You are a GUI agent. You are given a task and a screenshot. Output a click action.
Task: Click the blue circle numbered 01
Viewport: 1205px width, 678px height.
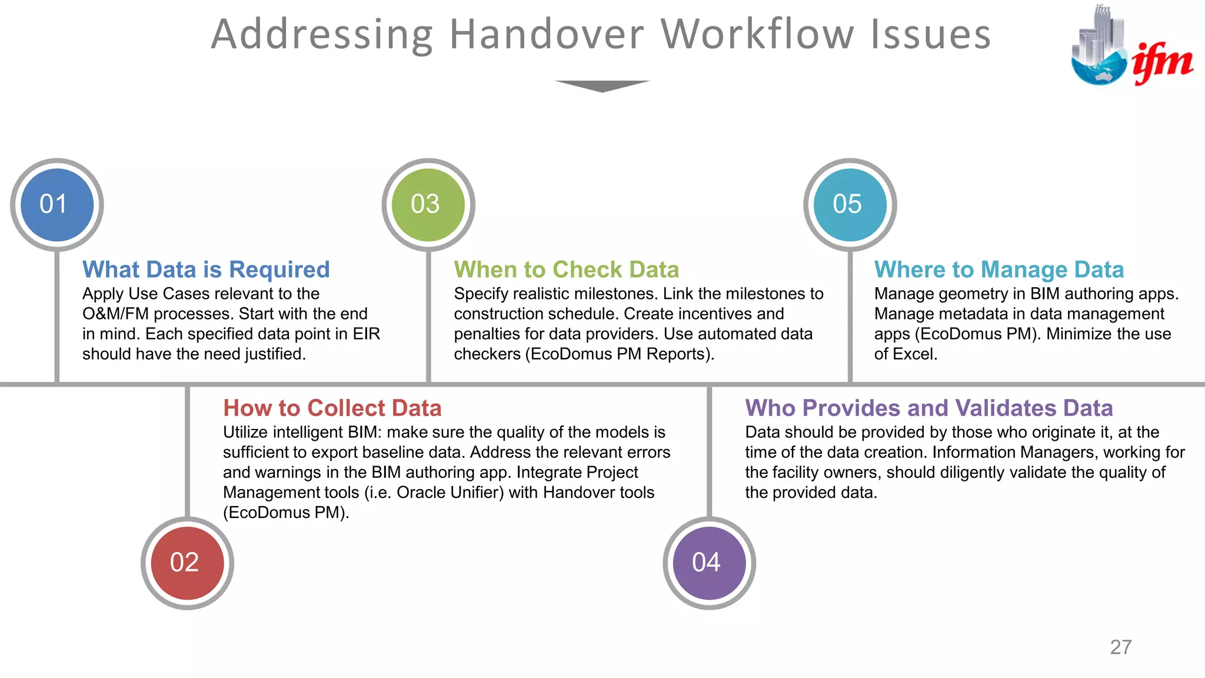tap(57, 205)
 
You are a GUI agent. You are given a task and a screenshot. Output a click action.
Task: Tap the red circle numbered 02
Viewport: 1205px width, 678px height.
tap(187, 563)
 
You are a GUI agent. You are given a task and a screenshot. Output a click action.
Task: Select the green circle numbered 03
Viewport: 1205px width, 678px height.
tap(428, 205)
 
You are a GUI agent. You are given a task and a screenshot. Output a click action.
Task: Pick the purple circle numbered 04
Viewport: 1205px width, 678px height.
tap(709, 563)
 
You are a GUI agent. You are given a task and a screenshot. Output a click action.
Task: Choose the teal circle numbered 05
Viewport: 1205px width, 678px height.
tap(850, 205)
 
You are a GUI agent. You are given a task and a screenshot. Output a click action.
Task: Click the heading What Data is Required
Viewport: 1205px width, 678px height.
tap(206, 270)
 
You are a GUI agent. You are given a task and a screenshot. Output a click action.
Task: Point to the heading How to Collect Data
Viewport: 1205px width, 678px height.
tap(332, 408)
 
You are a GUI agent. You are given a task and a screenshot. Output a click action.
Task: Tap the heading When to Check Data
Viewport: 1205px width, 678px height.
tap(567, 270)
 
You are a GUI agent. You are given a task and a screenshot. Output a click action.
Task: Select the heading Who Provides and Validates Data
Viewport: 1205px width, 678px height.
tap(929, 408)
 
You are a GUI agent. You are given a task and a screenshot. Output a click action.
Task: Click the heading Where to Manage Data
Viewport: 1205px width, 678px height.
tap(999, 270)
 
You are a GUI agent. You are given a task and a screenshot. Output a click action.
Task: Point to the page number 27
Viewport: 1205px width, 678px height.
tap(1121, 647)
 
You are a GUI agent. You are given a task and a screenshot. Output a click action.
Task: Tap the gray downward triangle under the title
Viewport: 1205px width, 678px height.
tap(602, 86)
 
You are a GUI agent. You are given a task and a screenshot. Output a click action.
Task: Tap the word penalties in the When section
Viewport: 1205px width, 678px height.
tap(487, 334)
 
